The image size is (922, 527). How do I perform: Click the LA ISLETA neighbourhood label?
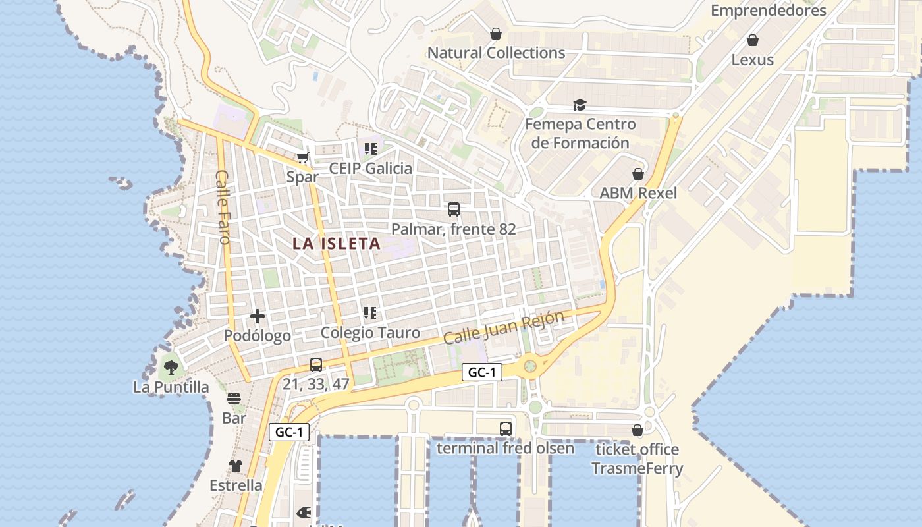coord(337,243)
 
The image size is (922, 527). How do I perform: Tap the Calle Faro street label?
coord(223,207)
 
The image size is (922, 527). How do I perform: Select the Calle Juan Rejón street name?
coord(503,327)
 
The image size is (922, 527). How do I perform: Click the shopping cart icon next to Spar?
coord(302,157)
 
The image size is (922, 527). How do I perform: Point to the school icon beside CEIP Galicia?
coord(370,149)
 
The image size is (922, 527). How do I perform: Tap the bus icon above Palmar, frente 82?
coord(454,209)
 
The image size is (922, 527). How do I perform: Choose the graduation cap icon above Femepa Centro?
coord(580,105)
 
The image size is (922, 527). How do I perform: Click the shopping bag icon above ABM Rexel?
coord(637,174)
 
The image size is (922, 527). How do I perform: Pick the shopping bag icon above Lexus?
coord(753,40)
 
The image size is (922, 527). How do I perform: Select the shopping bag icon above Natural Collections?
coord(496,33)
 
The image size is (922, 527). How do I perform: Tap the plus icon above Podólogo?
coord(257,316)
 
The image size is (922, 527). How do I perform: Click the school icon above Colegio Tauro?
coord(370,313)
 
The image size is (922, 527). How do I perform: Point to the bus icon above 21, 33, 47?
coord(316,364)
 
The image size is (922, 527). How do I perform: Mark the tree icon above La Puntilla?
coord(171,367)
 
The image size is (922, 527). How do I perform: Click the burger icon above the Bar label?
coord(234,399)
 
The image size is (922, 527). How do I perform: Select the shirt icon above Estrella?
coord(235,466)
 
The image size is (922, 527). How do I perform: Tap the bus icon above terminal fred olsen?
coord(505,429)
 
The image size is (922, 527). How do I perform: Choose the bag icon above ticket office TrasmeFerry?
coord(637,430)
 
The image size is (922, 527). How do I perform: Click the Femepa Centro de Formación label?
coord(580,133)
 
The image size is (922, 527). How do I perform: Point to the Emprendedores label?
coord(769,11)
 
